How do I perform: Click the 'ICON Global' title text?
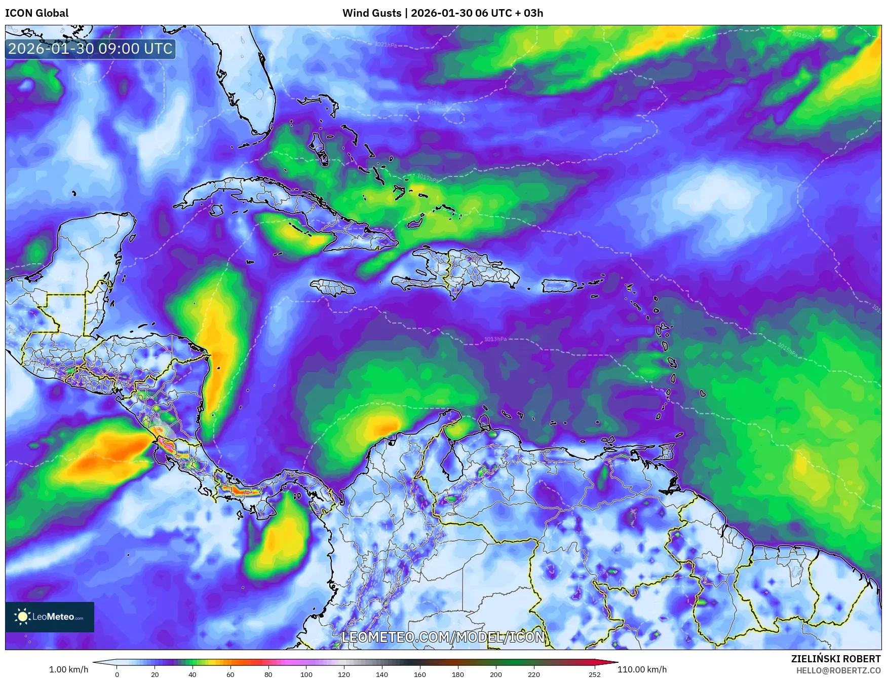point(36,13)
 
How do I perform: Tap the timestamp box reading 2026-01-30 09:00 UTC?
point(90,49)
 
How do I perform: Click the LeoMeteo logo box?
point(50,617)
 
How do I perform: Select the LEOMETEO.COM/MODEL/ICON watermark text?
point(443,637)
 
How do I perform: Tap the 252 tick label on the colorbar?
point(595,674)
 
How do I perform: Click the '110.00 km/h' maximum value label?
point(642,669)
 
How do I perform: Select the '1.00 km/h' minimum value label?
point(68,669)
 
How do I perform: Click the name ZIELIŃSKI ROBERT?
point(836,659)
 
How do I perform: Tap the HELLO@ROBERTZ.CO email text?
point(838,670)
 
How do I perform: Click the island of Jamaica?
point(333,288)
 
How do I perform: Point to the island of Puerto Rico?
point(559,286)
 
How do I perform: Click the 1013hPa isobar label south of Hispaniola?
point(495,339)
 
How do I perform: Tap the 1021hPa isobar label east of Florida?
point(386,45)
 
